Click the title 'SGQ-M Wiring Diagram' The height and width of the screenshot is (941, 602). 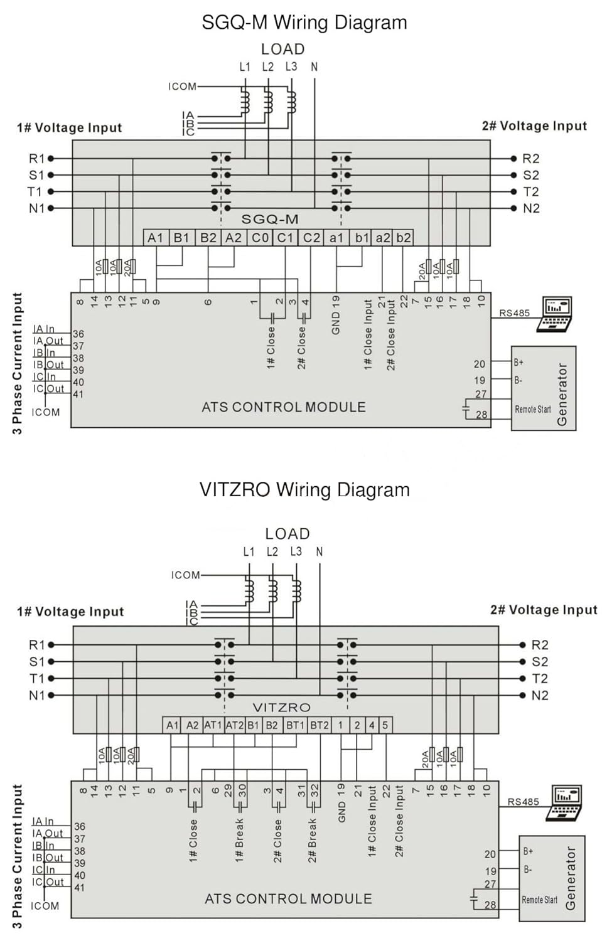304,23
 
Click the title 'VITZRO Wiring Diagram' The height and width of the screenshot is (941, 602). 304,490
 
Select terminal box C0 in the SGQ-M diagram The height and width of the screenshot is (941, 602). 260,238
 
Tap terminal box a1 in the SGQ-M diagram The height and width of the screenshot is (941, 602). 337,238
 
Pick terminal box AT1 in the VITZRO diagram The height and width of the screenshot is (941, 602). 213,725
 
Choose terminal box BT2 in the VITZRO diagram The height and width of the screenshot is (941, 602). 320,725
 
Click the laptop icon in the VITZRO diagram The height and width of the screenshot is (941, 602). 567,802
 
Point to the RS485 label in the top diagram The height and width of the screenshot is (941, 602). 514,313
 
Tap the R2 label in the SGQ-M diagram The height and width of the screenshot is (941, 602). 531,159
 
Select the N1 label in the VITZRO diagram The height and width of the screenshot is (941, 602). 37,695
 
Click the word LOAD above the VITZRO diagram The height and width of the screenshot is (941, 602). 288,534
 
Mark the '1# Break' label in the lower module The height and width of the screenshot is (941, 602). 239,840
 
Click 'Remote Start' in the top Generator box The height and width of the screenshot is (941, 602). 532,410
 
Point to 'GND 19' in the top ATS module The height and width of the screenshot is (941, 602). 336,315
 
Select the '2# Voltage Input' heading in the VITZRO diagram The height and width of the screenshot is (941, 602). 544,610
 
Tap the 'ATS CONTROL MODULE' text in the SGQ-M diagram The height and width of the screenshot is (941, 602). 284,407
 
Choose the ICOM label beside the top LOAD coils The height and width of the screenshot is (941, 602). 182,87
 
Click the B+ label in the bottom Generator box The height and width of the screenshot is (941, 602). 528,851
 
